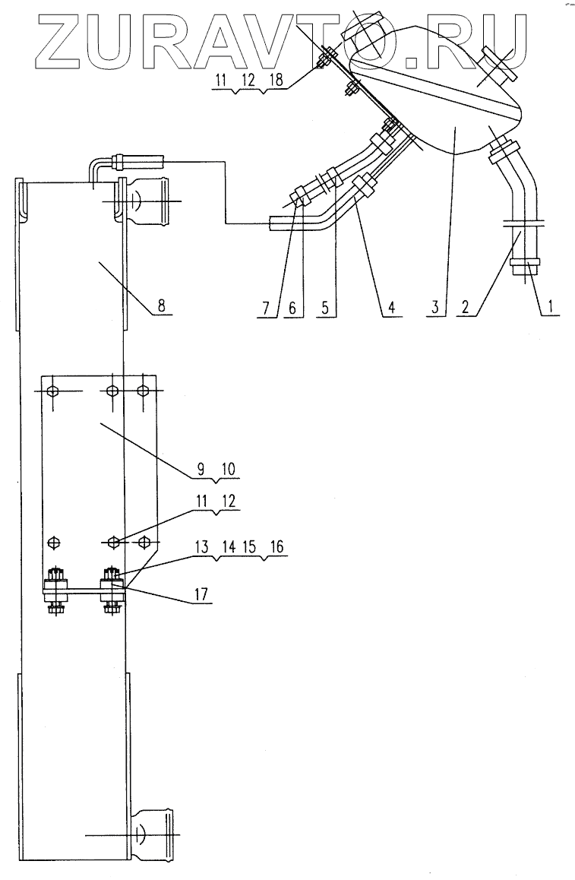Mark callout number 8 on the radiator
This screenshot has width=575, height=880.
point(162,304)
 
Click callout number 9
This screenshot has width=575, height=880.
point(201,470)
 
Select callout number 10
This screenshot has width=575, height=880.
point(226,470)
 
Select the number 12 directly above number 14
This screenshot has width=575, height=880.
point(226,502)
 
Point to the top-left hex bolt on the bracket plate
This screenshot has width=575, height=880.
point(52,391)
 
